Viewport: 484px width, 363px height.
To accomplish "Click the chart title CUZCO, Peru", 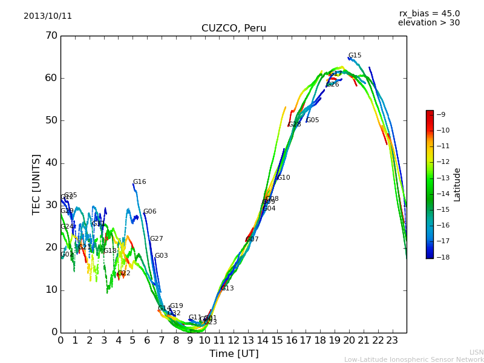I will (x=234, y=28).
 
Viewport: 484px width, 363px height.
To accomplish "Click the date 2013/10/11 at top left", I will (x=48, y=16).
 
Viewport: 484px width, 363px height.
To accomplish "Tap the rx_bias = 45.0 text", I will (x=429, y=13).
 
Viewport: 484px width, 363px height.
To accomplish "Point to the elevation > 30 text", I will (x=428, y=23).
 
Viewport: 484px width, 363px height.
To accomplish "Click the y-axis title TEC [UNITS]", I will (x=36, y=184).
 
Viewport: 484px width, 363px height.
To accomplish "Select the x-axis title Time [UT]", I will (x=234, y=353).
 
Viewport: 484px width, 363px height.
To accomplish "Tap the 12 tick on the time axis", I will (x=234, y=341).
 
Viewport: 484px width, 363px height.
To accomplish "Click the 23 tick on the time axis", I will (x=392, y=341).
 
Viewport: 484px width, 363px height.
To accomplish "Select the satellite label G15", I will (x=355, y=56).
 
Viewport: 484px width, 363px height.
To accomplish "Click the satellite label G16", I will (x=139, y=182).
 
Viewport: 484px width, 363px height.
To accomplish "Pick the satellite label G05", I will (x=313, y=120).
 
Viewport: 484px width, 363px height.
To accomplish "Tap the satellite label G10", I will (x=283, y=178).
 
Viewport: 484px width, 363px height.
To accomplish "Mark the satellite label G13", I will (x=227, y=289).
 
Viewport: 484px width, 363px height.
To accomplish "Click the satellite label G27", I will (x=156, y=239).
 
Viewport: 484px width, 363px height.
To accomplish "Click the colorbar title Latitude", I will (x=457, y=185).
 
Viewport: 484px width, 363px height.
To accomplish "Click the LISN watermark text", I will (x=476, y=352).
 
